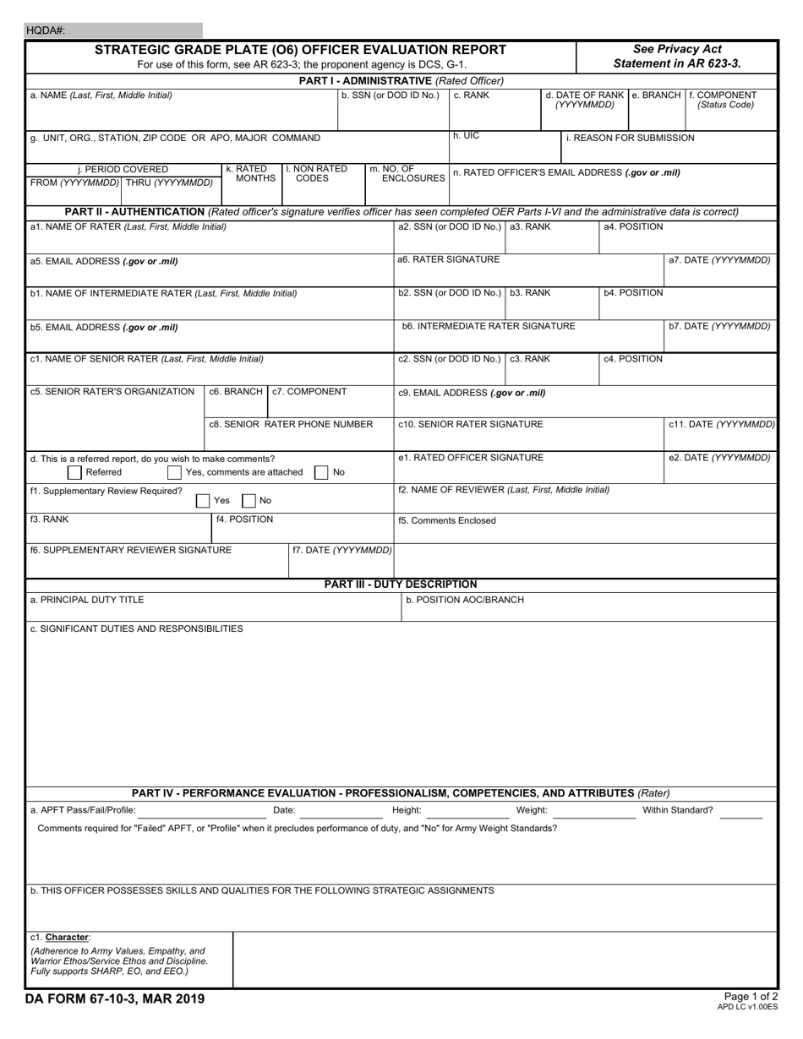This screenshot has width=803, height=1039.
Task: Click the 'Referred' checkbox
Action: (x=74, y=472)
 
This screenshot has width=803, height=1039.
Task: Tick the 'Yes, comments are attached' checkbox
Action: (x=174, y=472)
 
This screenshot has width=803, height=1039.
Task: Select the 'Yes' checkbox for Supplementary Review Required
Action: (x=203, y=501)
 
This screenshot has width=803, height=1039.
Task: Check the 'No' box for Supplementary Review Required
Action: (x=249, y=501)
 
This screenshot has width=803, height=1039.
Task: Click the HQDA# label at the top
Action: (x=46, y=30)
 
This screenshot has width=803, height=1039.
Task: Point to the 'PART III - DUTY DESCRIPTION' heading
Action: (x=401, y=585)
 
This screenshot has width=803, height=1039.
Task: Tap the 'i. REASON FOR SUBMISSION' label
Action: (x=630, y=138)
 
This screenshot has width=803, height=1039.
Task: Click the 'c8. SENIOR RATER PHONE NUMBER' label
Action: (x=291, y=424)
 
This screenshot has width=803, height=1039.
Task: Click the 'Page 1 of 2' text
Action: (x=751, y=997)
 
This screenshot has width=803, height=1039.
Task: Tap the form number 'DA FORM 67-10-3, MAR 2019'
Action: (x=117, y=999)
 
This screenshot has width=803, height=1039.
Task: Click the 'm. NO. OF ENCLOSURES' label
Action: (x=407, y=174)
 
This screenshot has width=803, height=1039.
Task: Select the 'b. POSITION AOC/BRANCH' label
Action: (x=465, y=600)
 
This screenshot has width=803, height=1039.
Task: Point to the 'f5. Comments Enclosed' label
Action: (x=447, y=521)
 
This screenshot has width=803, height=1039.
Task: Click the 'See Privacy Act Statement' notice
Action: (x=677, y=57)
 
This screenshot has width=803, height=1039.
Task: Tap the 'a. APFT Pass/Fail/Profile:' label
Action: (x=83, y=810)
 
